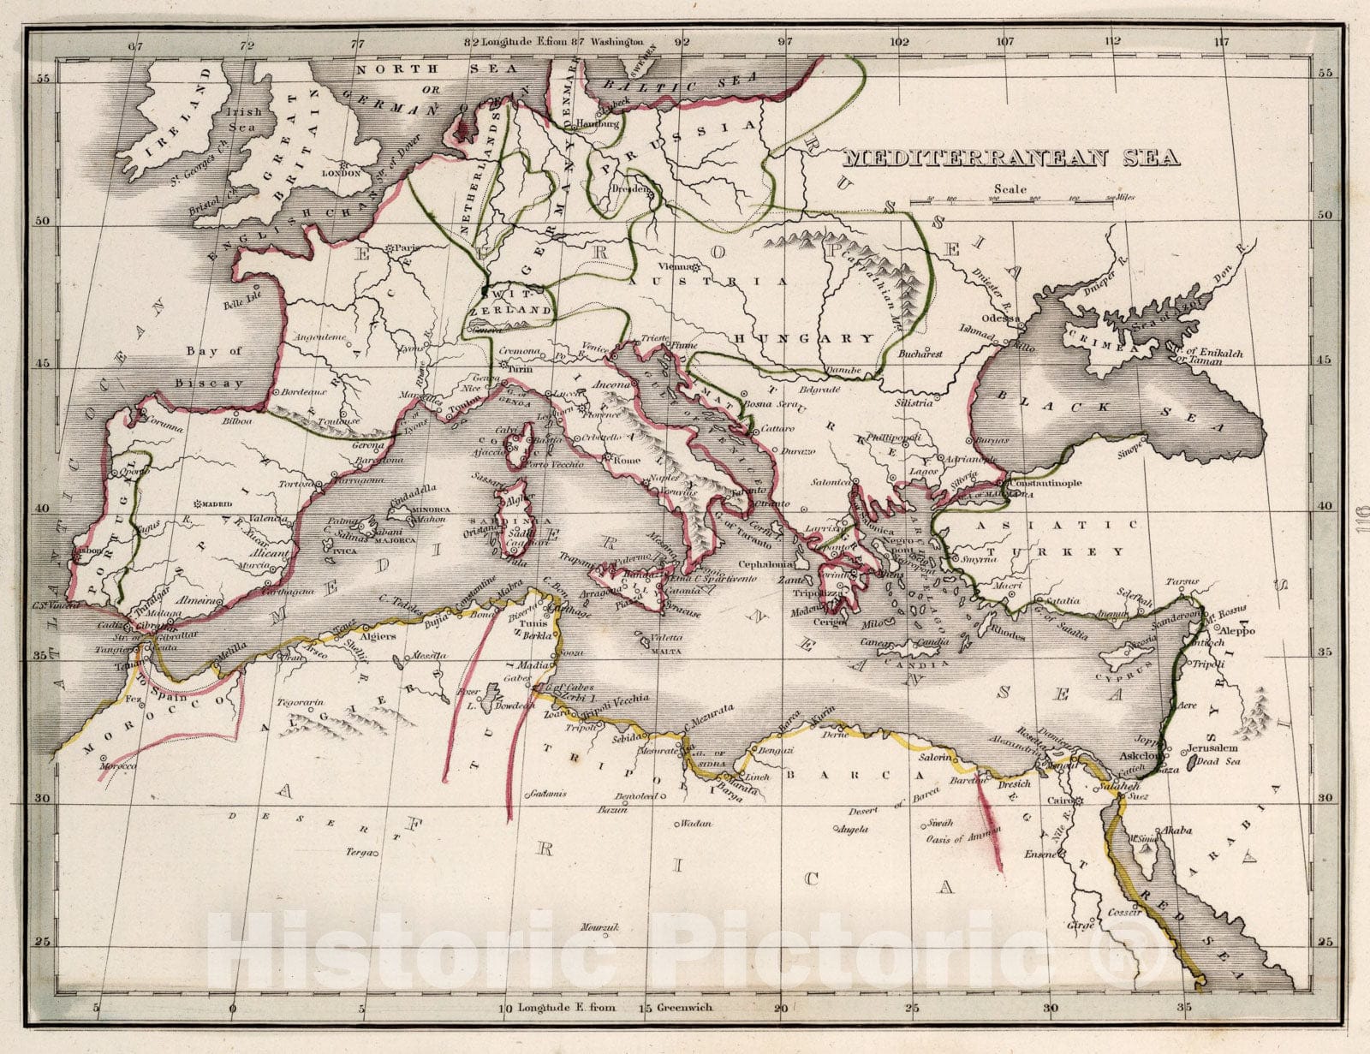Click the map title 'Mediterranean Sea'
click(1011, 158)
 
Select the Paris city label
click(405, 247)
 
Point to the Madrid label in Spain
click(214, 504)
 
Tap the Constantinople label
click(1045, 483)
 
